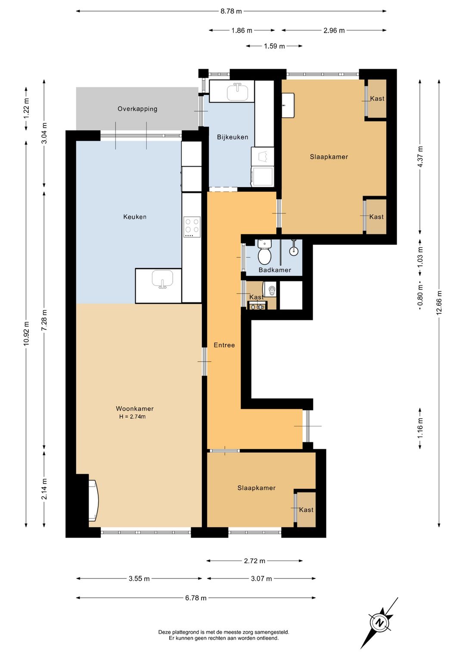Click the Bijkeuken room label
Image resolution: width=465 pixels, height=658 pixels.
[x=232, y=137]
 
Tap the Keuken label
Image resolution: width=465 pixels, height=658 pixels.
[x=135, y=217]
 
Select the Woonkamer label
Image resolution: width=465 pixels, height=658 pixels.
[x=135, y=409]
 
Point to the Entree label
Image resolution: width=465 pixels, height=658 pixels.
[x=224, y=345]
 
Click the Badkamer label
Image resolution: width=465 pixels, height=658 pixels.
[x=275, y=270]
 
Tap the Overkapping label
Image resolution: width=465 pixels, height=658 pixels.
[x=137, y=109]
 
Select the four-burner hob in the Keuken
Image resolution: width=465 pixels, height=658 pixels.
[x=192, y=227]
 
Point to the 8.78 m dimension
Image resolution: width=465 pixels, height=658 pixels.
[x=231, y=12]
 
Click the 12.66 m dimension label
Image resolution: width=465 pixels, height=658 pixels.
[x=439, y=303]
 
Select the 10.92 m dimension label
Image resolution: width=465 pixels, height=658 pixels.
[x=26, y=333]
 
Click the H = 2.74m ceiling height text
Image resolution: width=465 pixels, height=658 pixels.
[x=132, y=417]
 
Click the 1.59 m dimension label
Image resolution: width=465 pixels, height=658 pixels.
[x=274, y=46]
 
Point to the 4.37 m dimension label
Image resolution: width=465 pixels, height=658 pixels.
[x=420, y=157]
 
